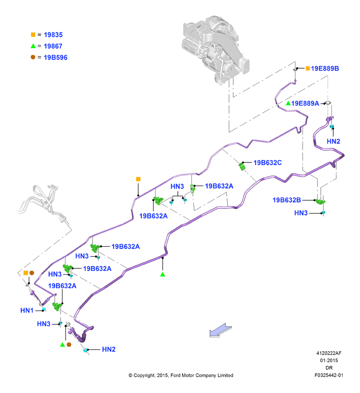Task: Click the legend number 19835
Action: click(53, 35)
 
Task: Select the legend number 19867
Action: click(53, 46)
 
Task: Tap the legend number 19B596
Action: click(55, 57)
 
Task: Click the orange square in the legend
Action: click(33, 34)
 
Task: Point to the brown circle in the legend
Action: click(33, 57)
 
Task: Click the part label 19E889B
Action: click(325, 68)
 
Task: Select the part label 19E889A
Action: click(305, 103)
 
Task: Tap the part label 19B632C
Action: click(267, 163)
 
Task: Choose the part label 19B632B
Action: click(287, 200)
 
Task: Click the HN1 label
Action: click(27, 310)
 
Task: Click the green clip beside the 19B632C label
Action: click(242, 166)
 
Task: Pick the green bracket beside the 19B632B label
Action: click(320, 201)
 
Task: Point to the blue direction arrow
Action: click(220, 330)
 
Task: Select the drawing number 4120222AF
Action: click(329, 353)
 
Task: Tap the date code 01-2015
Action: click(329, 361)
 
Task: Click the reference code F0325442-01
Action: click(329, 375)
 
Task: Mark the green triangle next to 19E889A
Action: click(288, 103)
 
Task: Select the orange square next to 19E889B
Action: click(308, 68)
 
